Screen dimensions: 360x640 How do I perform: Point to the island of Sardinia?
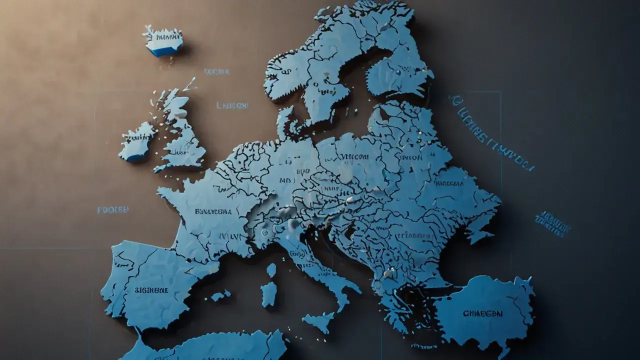coord(269,293)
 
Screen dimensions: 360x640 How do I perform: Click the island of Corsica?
coord(271,270)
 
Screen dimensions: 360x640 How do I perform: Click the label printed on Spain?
coord(152,289)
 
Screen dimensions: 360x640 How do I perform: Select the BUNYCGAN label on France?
coord(212,211)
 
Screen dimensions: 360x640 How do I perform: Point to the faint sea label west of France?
coord(112,210)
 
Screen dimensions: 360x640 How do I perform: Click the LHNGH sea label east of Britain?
coord(232,105)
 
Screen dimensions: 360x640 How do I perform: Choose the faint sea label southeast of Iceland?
coord(217,72)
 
